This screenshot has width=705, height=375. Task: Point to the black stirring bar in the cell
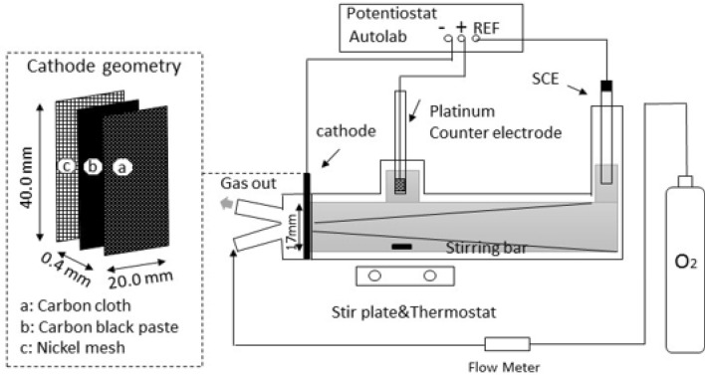402,245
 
